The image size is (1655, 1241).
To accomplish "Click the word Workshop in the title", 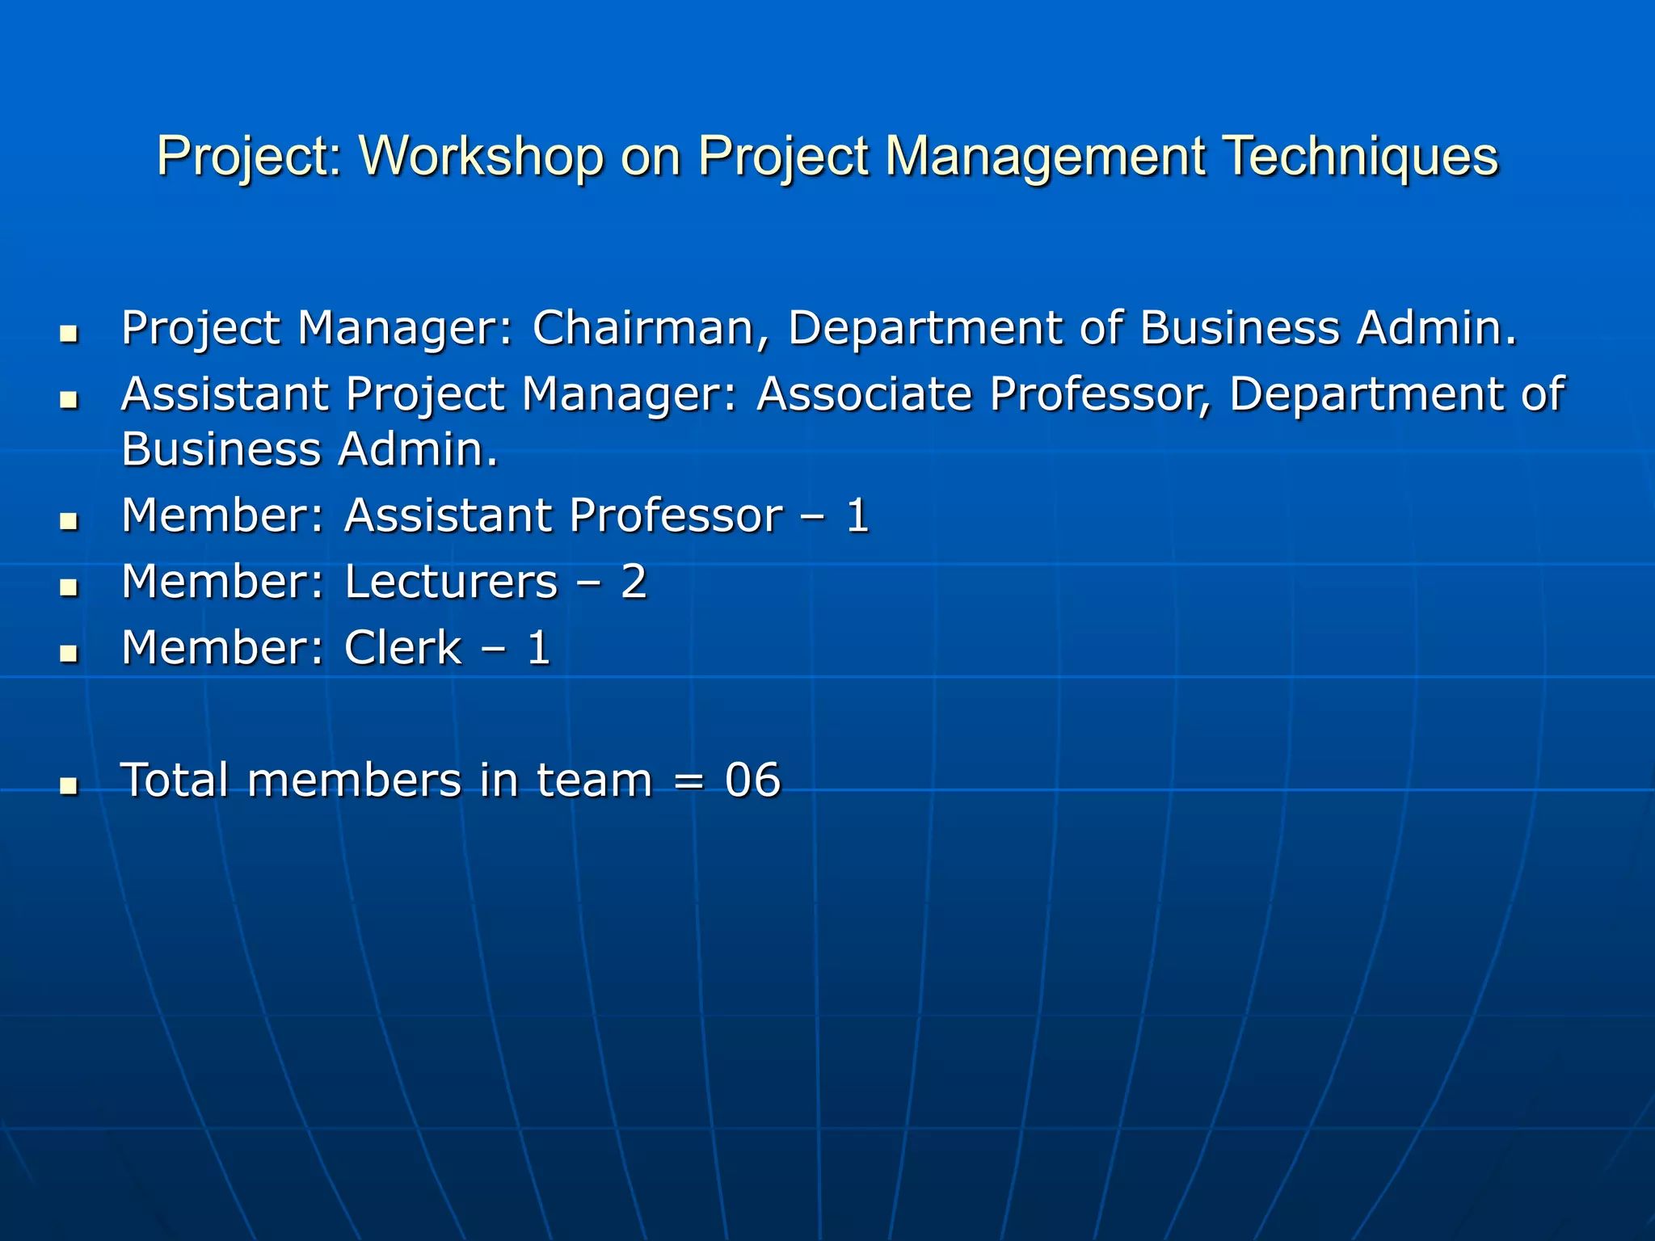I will (481, 155).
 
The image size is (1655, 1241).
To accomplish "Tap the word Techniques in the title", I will (1360, 155).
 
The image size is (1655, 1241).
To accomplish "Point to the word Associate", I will (864, 394).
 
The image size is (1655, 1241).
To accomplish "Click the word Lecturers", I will (451, 582).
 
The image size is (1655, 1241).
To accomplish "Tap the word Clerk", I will (402, 648).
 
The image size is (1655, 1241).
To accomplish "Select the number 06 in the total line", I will (752, 780).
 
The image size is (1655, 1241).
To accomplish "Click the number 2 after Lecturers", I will (634, 582).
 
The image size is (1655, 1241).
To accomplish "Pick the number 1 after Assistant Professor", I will (857, 515).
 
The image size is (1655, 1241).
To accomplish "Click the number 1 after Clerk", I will (538, 648).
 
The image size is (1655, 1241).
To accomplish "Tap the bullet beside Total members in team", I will (69, 785).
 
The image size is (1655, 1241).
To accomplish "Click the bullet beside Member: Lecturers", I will (69, 587).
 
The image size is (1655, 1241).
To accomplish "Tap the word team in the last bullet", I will (594, 780).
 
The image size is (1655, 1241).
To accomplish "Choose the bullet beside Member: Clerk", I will (69, 653).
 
